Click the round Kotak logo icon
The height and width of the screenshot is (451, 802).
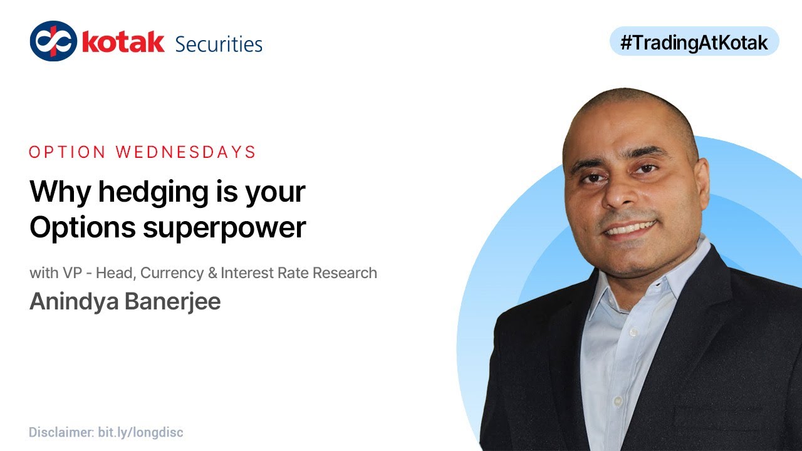[53, 41]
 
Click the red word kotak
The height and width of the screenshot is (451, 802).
[123, 43]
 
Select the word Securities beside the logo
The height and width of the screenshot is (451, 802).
[219, 44]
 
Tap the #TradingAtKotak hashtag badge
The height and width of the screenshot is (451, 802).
[694, 41]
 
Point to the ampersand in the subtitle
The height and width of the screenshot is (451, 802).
[213, 273]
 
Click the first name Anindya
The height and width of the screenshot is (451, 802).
[73, 301]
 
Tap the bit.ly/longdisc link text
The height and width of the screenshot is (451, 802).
[140, 432]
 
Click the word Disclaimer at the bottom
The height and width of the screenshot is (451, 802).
[61, 432]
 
